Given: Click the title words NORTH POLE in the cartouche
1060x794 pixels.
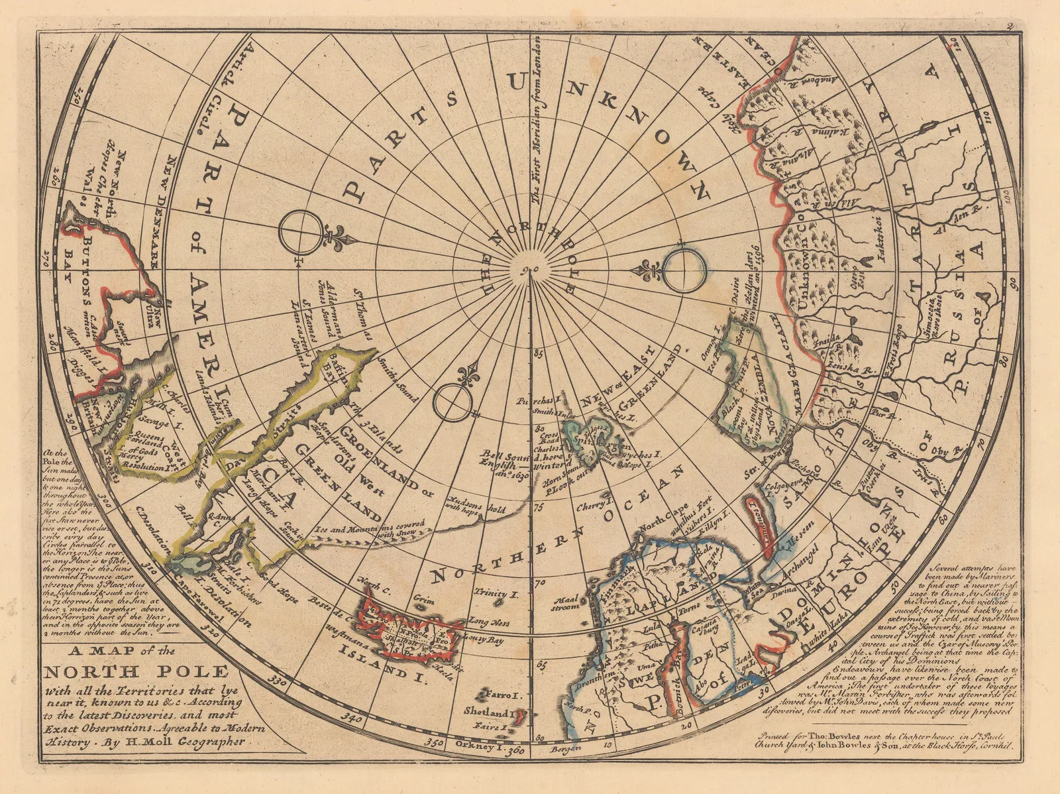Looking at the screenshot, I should coord(136,672).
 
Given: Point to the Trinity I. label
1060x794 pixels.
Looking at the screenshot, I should coord(491,593).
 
